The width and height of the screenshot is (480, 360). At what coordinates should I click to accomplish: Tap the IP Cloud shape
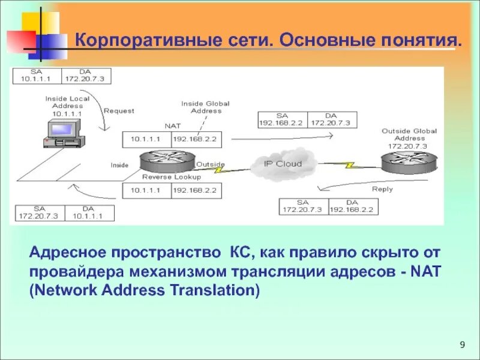click(x=283, y=164)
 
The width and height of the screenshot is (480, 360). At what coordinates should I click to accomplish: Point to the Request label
click(x=119, y=110)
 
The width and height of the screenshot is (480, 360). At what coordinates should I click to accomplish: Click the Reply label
click(x=382, y=189)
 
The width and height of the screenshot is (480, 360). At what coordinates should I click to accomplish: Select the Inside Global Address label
click(x=206, y=107)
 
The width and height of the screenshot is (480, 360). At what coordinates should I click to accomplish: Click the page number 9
click(x=462, y=344)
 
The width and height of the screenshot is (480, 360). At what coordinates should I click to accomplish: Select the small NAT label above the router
click(x=172, y=126)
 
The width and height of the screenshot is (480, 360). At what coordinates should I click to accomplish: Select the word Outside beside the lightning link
click(x=211, y=164)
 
